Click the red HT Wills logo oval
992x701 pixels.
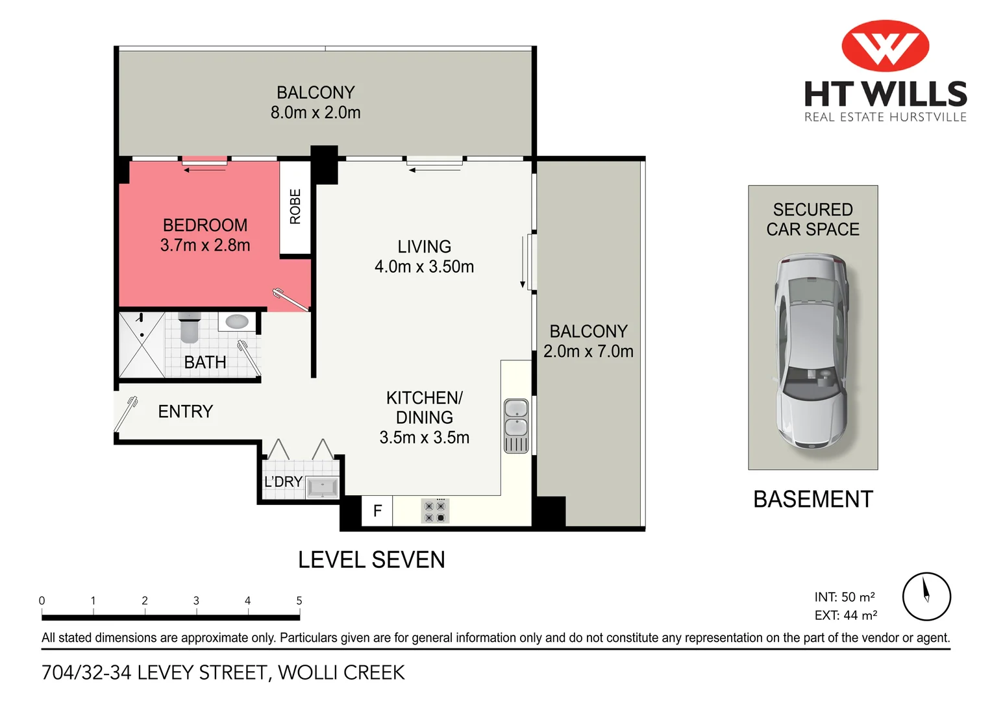886,45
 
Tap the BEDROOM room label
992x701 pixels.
205,225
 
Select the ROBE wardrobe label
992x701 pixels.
295,207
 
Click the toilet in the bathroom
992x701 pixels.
190,327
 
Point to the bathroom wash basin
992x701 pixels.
237,321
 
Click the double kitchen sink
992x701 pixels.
516,426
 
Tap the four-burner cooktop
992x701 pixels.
435,511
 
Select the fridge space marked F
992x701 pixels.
377,511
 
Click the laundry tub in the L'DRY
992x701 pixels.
323,487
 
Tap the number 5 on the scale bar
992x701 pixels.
299,600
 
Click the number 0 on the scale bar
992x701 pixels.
42,600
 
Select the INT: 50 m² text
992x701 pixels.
845,597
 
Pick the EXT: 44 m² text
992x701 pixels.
846,615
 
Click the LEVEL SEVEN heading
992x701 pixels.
371,560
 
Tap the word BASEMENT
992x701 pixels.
813,499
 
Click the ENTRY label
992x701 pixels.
186,412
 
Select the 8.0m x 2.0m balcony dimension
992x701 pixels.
316,112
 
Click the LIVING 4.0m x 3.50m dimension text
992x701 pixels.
424,267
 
